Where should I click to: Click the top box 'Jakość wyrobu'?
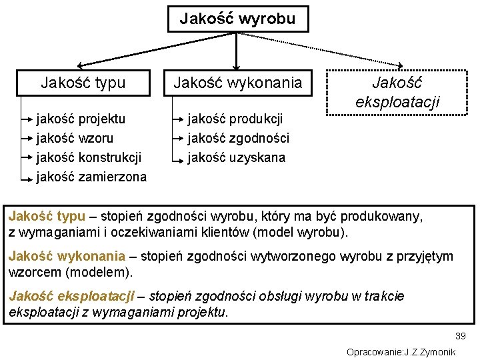[x=237, y=19]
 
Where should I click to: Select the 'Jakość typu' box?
[x=83, y=83]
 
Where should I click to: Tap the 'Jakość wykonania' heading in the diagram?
[x=237, y=83]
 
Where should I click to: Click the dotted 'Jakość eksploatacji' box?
[x=406, y=93]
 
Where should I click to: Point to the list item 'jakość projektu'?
[x=81, y=119]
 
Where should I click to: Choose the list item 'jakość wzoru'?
[x=75, y=138]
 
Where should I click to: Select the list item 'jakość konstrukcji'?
[x=89, y=157]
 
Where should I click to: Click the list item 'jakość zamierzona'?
[x=91, y=177]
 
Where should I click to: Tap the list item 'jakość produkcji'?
[x=235, y=119]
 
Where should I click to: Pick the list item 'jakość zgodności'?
[x=238, y=138]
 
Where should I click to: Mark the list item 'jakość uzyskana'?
[x=236, y=157]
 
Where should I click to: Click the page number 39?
[x=460, y=336]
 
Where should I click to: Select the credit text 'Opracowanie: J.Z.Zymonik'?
[x=401, y=351]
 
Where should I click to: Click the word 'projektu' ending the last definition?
[x=203, y=311]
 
